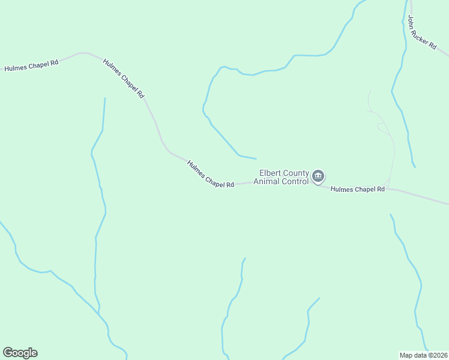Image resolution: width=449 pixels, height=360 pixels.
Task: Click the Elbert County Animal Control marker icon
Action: tap(318, 176)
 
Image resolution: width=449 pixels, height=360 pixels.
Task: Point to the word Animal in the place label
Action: tap(267, 181)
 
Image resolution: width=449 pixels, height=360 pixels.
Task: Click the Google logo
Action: tap(20, 353)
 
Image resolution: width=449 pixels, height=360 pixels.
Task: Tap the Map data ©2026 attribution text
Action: tap(423, 355)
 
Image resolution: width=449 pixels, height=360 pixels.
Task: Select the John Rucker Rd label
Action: tap(422, 32)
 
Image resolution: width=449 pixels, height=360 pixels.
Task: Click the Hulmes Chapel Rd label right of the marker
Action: tap(358, 189)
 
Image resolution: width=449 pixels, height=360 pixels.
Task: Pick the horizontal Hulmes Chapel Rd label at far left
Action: tap(31, 65)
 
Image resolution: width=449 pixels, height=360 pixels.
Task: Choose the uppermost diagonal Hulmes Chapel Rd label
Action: tap(124, 79)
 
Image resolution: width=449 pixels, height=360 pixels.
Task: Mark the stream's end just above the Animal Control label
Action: tap(256, 158)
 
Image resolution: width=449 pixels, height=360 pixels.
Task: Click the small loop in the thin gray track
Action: tap(381, 126)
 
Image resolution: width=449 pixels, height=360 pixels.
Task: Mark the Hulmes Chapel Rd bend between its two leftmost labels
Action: tap(84, 53)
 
